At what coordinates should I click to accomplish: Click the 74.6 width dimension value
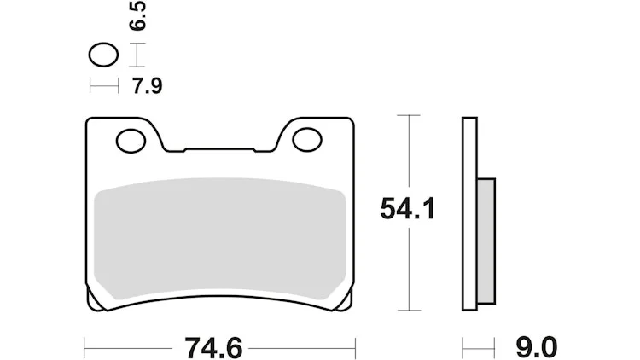213,348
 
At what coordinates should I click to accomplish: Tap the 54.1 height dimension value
408,208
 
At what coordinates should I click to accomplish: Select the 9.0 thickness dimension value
537,348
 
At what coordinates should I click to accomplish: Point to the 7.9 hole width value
148,86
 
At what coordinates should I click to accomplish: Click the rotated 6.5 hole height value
137,15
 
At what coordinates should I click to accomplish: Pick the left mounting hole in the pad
131,141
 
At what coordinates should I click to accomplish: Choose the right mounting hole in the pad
307,140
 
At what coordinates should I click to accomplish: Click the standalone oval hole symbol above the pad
103,55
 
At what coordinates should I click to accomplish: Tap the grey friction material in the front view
219,239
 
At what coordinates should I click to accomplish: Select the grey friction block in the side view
486,241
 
